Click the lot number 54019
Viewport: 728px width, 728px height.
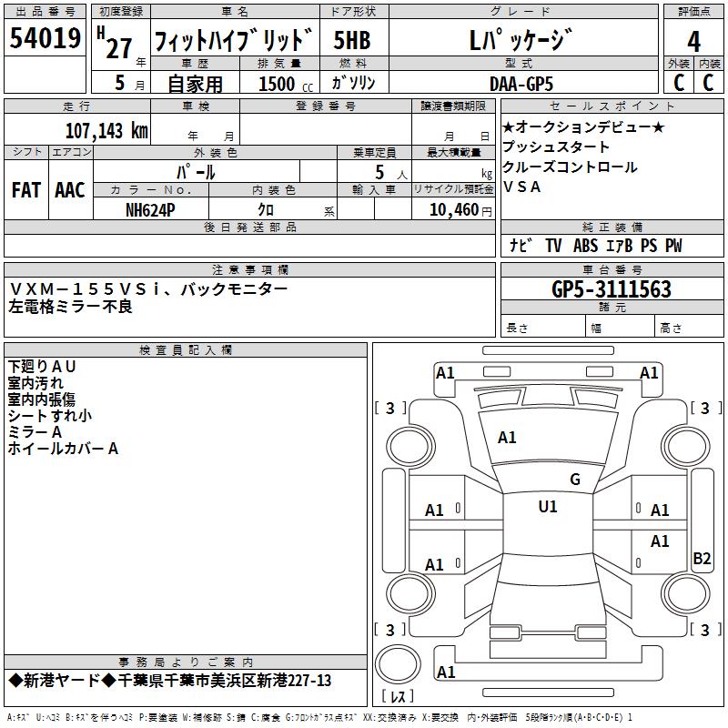pyautogui.click(x=45, y=38)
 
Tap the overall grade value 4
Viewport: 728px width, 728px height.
pyautogui.click(x=693, y=42)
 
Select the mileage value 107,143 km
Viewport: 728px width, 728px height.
pyautogui.click(x=106, y=131)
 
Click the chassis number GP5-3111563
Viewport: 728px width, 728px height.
pyautogui.click(x=611, y=289)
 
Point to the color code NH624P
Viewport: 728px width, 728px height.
pyautogui.click(x=150, y=210)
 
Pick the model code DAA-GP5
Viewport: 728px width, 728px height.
pyautogui.click(x=521, y=84)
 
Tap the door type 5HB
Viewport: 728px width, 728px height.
pyautogui.click(x=352, y=40)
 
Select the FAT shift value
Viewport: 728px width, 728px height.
pyautogui.click(x=26, y=190)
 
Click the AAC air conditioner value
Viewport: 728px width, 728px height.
pyautogui.click(x=70, y=190)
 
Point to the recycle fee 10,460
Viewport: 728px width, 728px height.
pyautogui.click(x=454, y=210)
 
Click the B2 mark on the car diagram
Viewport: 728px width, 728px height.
pyautogui.click(x=702, y=558)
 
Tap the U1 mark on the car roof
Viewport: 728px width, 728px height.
pyautogui.click(x=548, y=507)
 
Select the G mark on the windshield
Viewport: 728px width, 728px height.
pyautogui.click(x=575, y=480)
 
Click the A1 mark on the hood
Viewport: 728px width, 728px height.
pyautogui.click(x=507, y=438)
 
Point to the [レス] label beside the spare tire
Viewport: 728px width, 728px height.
pyautogui.click(x=398, y=696)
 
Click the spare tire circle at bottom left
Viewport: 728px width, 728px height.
pyautogui.click(x=398, y=664)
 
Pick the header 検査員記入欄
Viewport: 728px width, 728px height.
pyautogui.click(x=186, y=350)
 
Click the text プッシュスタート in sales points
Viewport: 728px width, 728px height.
pyautogui.click(x=556, y=147)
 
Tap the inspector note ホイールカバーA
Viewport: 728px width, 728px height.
pyautogui.click(x=63, y=449)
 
